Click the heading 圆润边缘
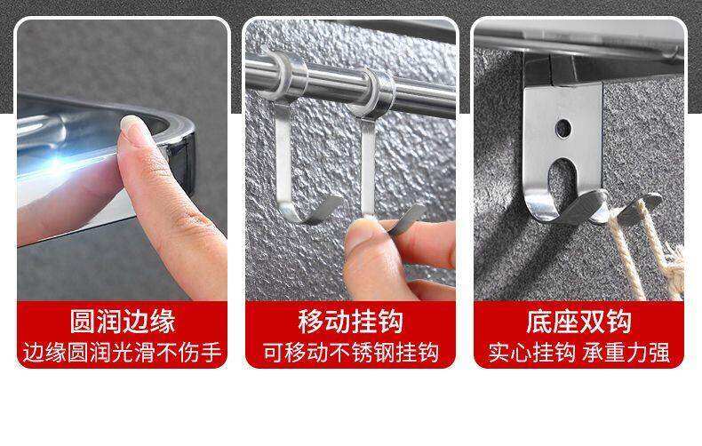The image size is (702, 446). click(x=123, y=321)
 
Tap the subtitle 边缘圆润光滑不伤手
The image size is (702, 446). click(x=123, y=353)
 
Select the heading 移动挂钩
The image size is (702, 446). click(x=350, y=321)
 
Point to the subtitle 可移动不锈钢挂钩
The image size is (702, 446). click(x=350, y=353)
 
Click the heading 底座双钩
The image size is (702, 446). click(x=578, y=321)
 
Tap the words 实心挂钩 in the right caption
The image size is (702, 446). click(x=531, y=353)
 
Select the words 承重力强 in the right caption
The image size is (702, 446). click(x=626, y=353)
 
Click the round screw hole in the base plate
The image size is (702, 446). click(x=563, y=129)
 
